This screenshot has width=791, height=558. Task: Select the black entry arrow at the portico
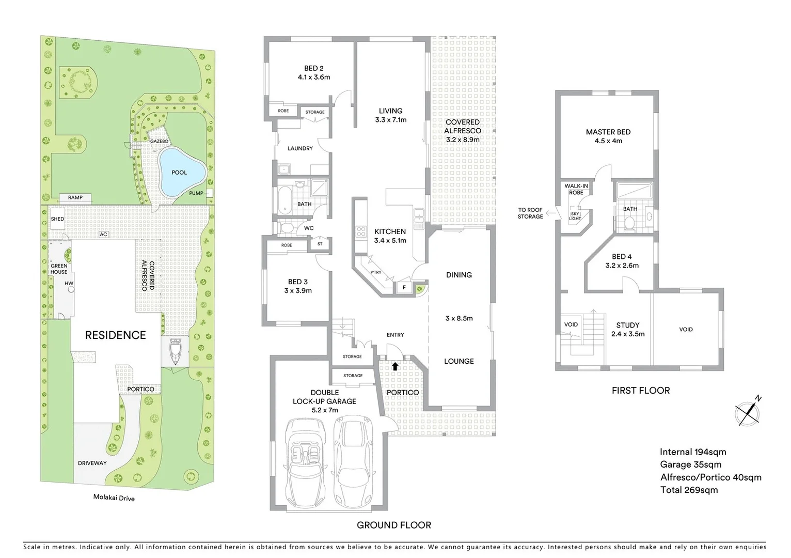click(x=395, y=366)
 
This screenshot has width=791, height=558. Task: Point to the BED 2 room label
click(x=314, y=72)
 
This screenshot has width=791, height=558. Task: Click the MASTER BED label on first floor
click(x=608, y=136)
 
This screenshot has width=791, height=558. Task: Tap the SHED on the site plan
click(x=57, y=219)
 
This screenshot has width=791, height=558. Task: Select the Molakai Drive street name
click(x=114, y=498)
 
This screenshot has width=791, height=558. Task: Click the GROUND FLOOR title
click(x=393, y=525)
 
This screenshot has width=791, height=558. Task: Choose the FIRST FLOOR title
click(x=640, y=391)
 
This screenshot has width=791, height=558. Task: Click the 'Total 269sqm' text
click(x=689, y=490)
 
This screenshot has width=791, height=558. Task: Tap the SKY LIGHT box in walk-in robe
click(x=575, y=216)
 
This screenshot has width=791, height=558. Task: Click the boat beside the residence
click(x=176, y=351)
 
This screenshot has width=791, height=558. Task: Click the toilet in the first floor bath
click(x=628, y=223)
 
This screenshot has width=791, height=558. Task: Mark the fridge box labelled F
click(x=403, y=287)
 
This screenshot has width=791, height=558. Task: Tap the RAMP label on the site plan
click(x=75, y=197)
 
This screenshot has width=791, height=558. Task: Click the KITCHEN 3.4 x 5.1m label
click(x=390, y=236)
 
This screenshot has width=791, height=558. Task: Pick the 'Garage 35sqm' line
click(x=690, y=464)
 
